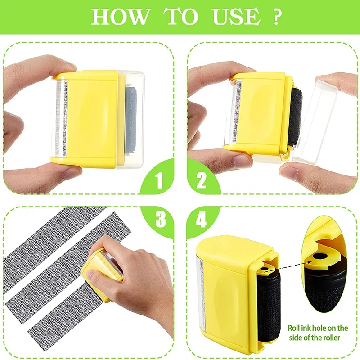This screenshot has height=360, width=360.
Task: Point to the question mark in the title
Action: point(276,17)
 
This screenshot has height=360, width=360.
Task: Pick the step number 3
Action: point(158,220)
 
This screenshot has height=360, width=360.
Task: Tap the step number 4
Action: point(201,220)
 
